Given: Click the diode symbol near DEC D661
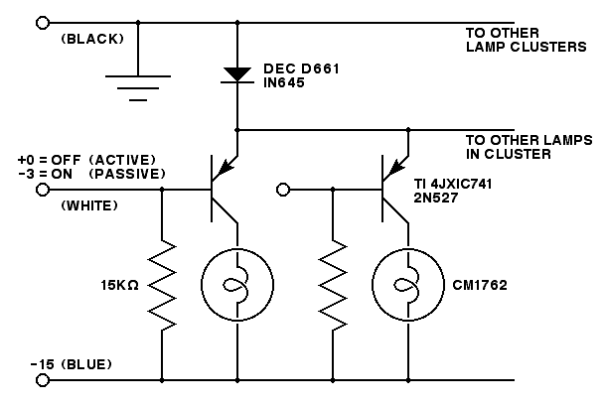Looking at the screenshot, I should [x=237, y=73].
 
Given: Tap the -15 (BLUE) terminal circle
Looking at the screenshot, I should [x=42, y=379].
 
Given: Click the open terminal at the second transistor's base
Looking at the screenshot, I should [x=283, y=189].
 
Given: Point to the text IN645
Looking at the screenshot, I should [x=285, y=85].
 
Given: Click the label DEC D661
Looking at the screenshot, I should [x=299, y=71].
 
